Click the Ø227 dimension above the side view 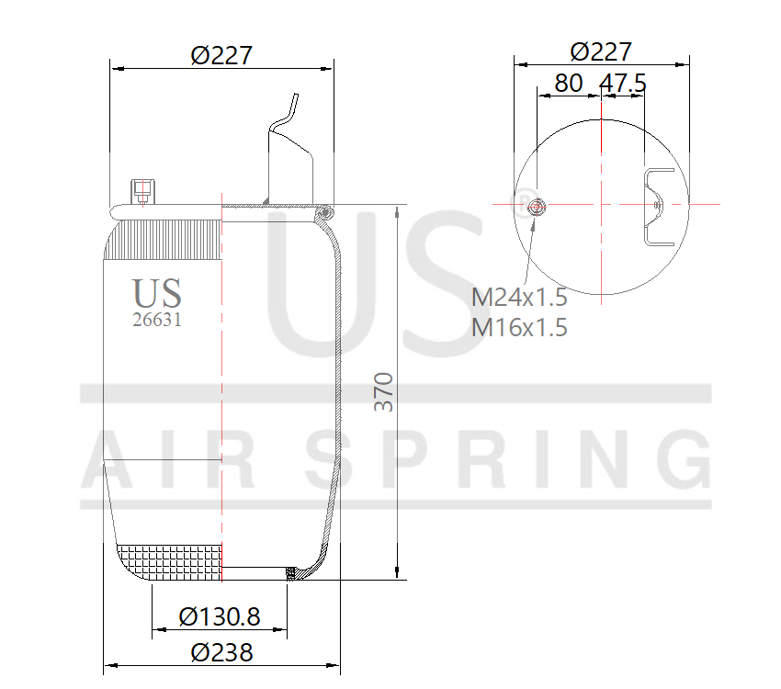[x=221, y=55]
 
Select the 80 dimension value [x=568, y=83]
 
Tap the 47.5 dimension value [x=623, y=83]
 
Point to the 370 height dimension [x=384, y=391]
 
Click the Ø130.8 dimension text [x=220, y=616]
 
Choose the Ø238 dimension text [x=221, y=652]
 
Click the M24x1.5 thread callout [x=519, y=298]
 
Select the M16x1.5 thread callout [x=519, y=327]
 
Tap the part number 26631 [x=158, y=320]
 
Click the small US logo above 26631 [x=157, y=293]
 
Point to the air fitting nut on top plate [x=141, y=191]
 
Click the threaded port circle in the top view [x=536, y=206]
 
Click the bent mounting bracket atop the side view [x=291, y=152]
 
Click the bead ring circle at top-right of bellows [x=323, y=213]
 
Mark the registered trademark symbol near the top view [x=525, y=201]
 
